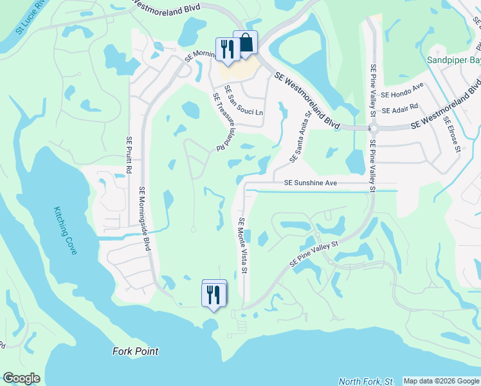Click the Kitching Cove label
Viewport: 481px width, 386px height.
coord(65,230)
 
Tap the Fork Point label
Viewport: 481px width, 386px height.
coord(135,351)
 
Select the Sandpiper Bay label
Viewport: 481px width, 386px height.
coord(454,60)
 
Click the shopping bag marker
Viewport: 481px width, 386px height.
coord(245,43)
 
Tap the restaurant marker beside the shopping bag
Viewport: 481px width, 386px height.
coord(227,49)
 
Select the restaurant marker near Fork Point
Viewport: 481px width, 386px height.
coord(213,294)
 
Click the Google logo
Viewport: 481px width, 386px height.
coord(21,378)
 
